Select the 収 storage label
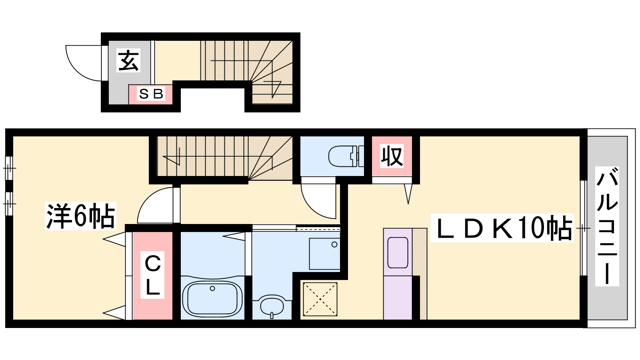point(392,156)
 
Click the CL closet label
point(152,275)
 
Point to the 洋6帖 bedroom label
point(80,216)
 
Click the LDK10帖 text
point(502,228)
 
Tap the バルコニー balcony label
point(607,226)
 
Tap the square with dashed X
point(320,299)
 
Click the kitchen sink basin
point(398,252)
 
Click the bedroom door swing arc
point(148,197)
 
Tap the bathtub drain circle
point(212,288)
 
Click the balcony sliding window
point(583,228)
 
